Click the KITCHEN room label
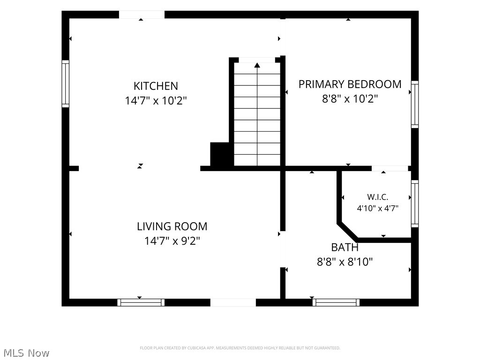pos(156,86)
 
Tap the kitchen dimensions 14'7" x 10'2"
pos(156,100)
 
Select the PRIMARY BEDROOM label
pos(350,84)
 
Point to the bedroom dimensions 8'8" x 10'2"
pos(350,98)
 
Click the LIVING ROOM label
pos(172,226)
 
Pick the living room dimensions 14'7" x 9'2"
pos(172,241)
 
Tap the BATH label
pos(345,247)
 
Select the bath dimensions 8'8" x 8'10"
pos(345,262)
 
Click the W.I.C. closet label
pos(378,197)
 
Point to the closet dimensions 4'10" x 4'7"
pos(378,209)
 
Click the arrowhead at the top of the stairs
pos(257,65)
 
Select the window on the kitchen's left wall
pos(66,84)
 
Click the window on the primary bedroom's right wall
pos(415,105)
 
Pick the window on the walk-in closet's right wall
pos(415,203)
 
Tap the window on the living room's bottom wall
pos(141,302)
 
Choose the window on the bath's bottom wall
pos(336,302)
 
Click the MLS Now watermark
pos(26,353)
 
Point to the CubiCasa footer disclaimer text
pos(240,348)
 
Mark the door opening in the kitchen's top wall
pos(142,15)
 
